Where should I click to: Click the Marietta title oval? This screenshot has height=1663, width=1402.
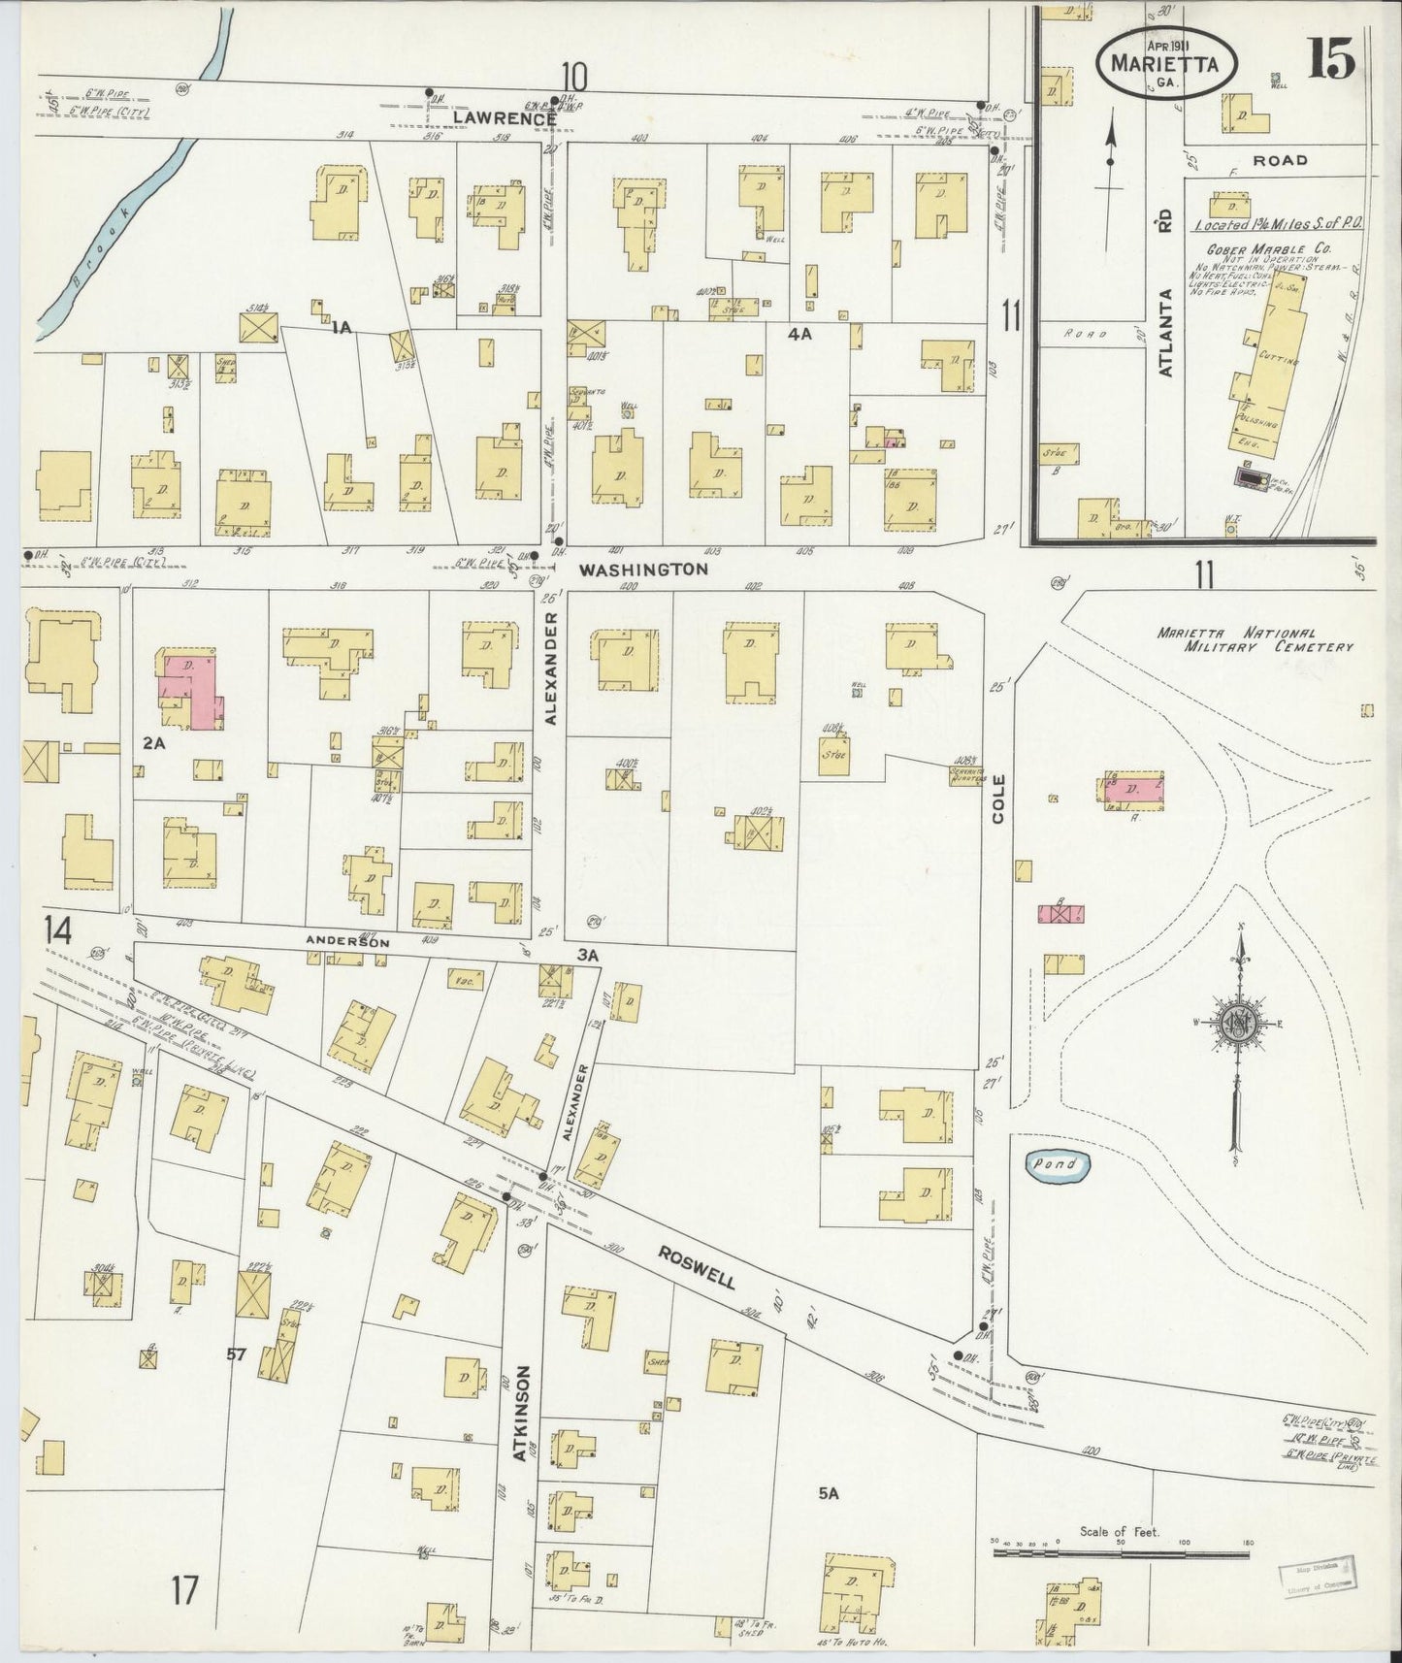click(x=1167, y=65)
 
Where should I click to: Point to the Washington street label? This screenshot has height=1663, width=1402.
click(x=643, y=571)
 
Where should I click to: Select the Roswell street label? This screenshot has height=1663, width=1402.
click(x=696, y=1266)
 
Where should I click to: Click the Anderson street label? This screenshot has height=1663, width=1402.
click(x=347, y=941)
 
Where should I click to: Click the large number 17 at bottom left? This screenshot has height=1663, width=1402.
click(x=184, y=1591)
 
